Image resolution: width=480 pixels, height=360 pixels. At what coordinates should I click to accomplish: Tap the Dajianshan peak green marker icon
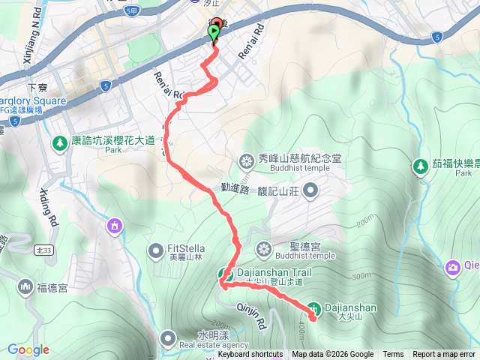(x=315, y=307)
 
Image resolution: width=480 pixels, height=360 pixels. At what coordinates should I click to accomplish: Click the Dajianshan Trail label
(x=270, y=273)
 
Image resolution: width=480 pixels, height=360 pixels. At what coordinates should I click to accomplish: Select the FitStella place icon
(x=156, y=249)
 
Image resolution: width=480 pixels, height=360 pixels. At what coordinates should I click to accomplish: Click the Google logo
(x=28, y=349)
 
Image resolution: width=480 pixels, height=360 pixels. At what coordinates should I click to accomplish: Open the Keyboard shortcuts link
(x=250, y=355)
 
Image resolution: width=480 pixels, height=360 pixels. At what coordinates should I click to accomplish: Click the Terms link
(x=393, y=355)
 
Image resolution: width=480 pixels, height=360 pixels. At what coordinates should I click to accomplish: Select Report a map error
(x=444, y=355)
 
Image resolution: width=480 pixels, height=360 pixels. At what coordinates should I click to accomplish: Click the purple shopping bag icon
(x=114, y=224)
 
